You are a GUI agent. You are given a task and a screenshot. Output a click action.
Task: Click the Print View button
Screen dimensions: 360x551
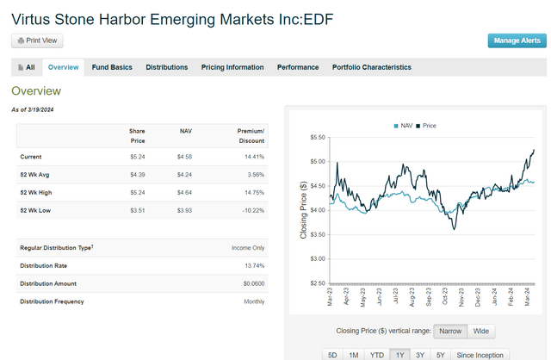(x=37, y=40)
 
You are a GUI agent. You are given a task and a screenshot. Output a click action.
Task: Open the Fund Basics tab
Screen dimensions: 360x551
(x=112, y=67)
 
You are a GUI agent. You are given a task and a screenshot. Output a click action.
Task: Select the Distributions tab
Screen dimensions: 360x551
(x=166, y=67)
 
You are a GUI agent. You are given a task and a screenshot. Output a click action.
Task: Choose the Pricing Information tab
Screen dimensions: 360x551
(x=232, y=67)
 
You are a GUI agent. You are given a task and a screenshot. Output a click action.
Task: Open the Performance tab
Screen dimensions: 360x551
(x=297, y=67)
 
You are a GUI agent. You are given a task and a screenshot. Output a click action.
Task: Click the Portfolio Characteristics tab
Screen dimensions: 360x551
(x=371, y=67)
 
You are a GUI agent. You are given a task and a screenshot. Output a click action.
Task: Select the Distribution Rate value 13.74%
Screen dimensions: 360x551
(x=253, y=266)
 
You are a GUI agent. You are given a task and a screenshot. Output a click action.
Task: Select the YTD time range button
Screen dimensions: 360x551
(x=377, y=354)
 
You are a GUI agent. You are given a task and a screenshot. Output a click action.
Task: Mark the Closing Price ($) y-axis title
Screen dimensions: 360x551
(x=303, y=210)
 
